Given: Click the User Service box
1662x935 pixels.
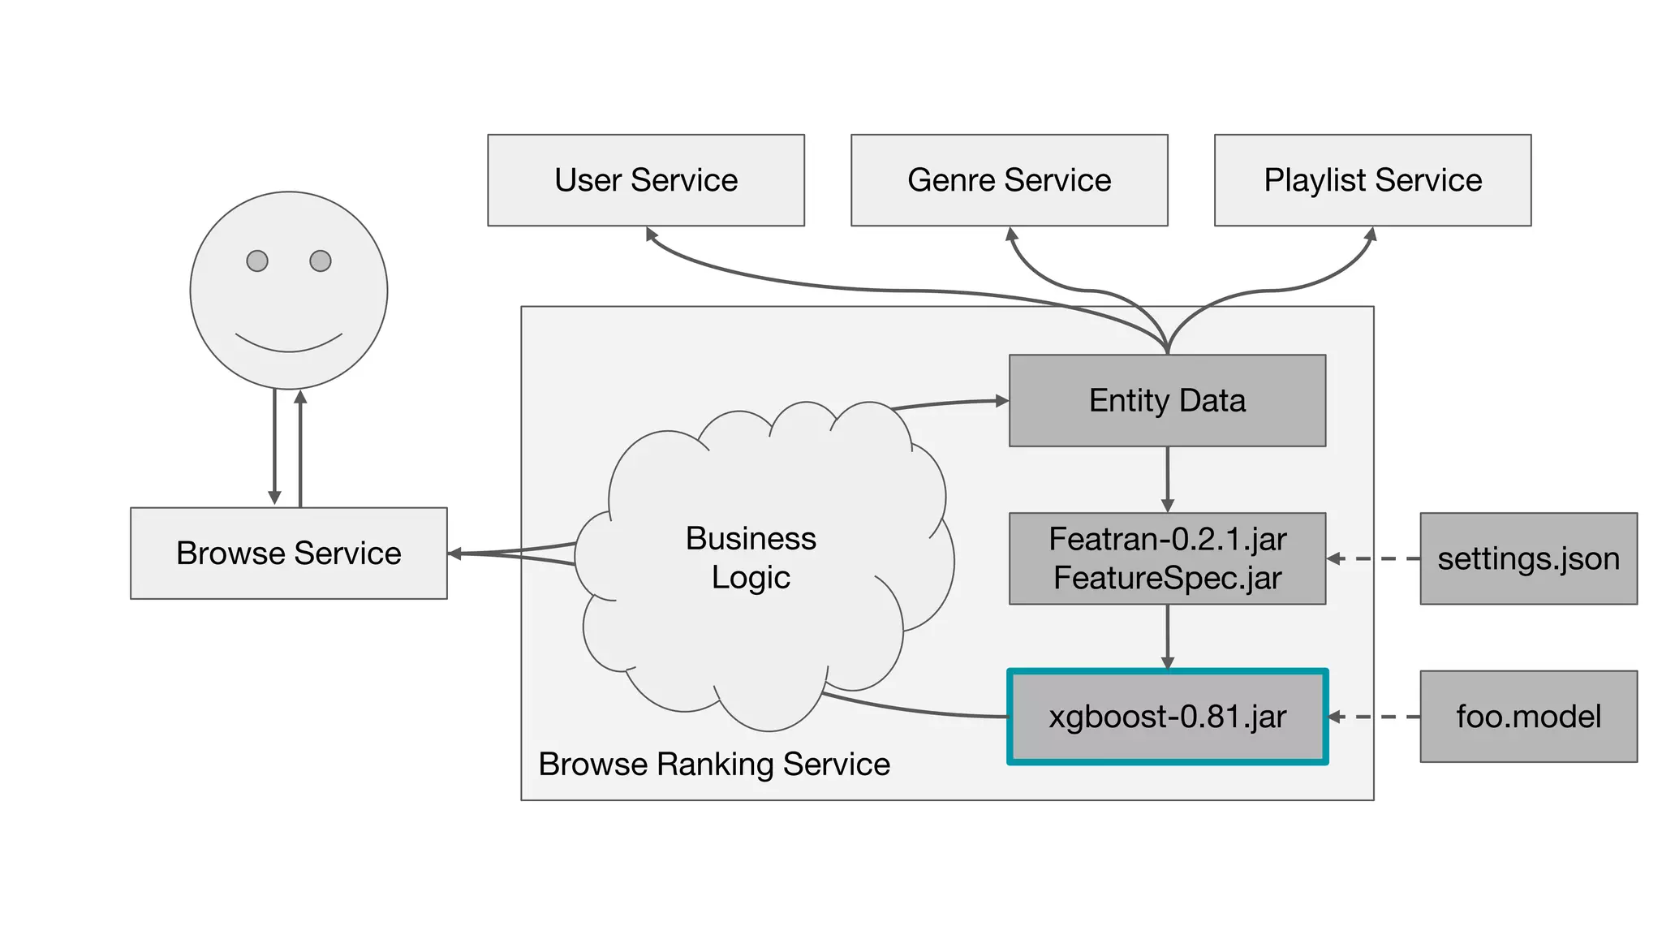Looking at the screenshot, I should [x=646, y=180].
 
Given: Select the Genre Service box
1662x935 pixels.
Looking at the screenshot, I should [x=1009, y=180].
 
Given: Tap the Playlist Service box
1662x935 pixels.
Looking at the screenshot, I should [x=1372, y=180].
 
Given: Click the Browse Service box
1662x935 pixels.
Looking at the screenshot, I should [x=288, y=554].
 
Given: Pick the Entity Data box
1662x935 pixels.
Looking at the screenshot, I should [x=1167, y=401].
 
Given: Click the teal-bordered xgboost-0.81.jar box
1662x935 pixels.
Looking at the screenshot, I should [x=1167, y=717].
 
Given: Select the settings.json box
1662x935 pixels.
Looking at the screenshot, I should [x=1528, y=558].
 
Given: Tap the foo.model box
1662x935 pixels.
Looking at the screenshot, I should [x=1528, y=717].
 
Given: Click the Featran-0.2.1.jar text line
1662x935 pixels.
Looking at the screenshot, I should [x=1167, y=539].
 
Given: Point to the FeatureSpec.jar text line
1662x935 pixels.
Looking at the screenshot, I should [x=1167, y=578].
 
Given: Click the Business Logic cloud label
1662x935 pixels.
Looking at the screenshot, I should [x=751, y=558].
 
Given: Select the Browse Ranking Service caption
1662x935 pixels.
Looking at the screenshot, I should [x=714, y=765].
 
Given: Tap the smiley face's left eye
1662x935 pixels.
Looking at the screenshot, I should [x=257, y=261].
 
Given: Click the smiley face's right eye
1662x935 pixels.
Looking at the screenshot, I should [x=321, y=261].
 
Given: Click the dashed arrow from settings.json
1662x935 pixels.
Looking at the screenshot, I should [x=1373, y=558].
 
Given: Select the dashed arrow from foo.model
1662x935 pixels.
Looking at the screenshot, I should [x=1373, y=717].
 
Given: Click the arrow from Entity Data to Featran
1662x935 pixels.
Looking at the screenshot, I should [x=1167, y=479].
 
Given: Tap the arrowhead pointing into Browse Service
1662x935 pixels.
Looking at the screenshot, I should [x=455, y=554].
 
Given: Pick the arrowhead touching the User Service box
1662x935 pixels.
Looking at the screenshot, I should [x=651, y=234].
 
